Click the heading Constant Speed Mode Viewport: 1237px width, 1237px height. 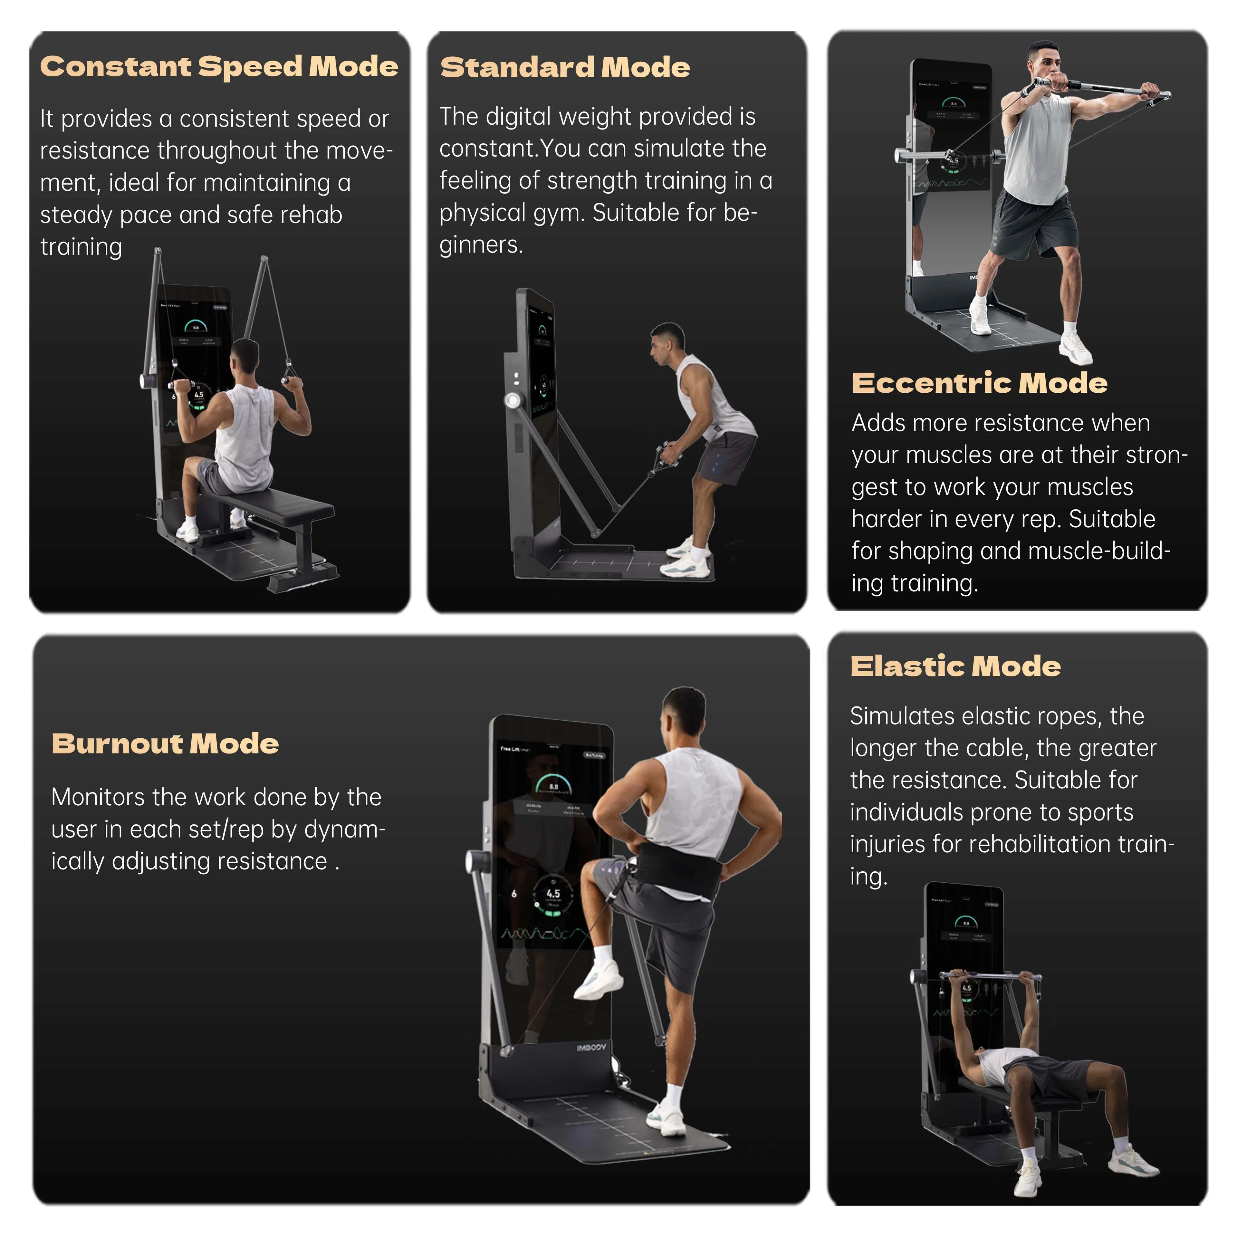(x=219, y=67)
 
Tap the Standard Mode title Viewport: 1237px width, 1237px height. (x=565, y=67)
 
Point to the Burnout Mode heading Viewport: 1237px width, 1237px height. (x=165, y=743)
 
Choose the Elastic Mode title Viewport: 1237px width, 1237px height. (x=955, y=666)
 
